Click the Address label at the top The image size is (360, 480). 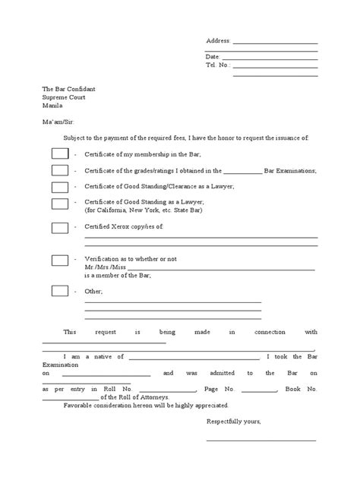pos(219,41)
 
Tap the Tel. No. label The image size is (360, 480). pos(217,65)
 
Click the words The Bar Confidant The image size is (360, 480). pos(69,89)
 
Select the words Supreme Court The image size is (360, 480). pos(64,97)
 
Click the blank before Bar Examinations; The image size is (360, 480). pos(243,172)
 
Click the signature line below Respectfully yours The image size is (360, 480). pos(261,440)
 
